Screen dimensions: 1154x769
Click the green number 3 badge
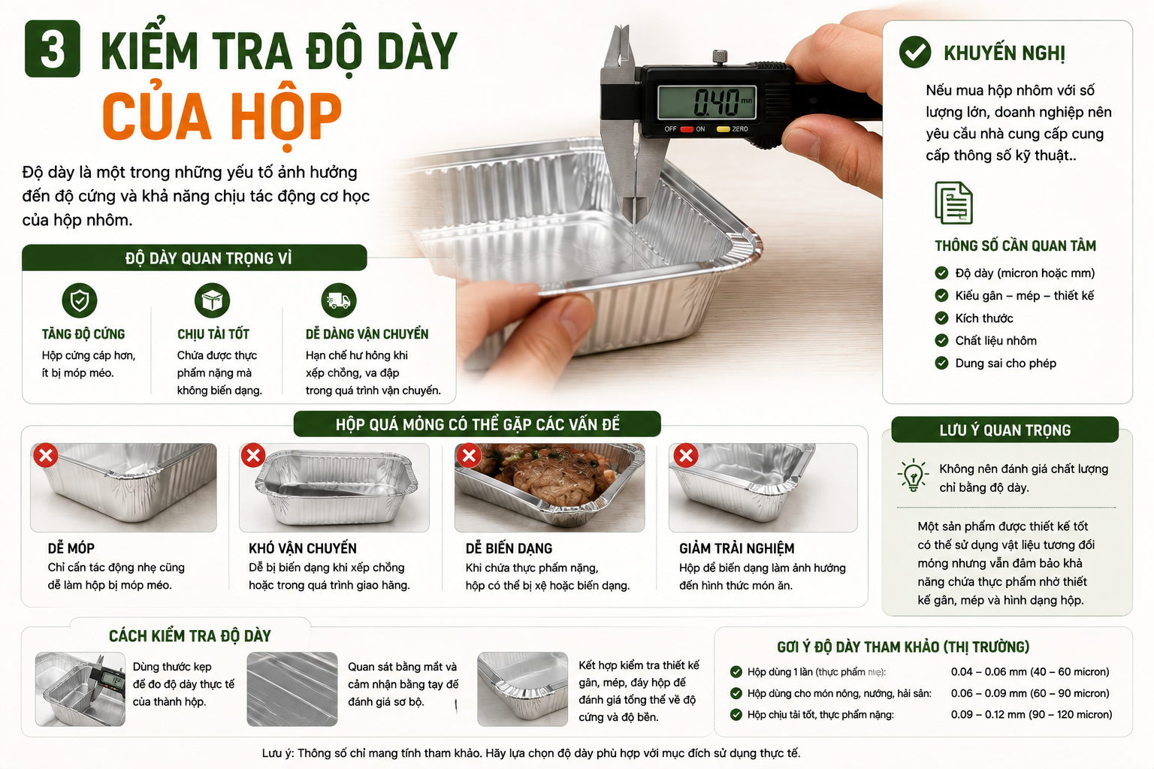(x=52, y=49)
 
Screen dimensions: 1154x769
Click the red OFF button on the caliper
(x=687, y=128)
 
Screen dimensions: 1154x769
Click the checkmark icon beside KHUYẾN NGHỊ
(x=915, y=52)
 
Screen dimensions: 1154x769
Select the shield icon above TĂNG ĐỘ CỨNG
(x=80, y=300)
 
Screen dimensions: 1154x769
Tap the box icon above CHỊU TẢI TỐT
(x=213, y=300)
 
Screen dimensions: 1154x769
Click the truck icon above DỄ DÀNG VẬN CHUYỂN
(x=339, y=300)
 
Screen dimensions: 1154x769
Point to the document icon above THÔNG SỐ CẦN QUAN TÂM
(x=953, y=203)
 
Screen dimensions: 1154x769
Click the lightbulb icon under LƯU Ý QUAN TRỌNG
(x=913, y=475)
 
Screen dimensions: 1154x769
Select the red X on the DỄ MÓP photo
(x=46, y=455)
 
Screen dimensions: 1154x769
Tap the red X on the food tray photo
(x=469, y=455)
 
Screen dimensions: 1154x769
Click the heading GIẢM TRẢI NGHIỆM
(x=737, y=548)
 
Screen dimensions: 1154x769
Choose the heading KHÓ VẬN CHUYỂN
(x=303, y=548)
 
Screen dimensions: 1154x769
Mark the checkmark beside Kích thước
(x=941, y=318)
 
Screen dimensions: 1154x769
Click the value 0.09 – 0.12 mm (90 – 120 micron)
(x=1032, y=714)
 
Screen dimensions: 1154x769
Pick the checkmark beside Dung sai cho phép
(x=941, y=363)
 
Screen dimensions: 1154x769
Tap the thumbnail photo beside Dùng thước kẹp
(x=80, y=689)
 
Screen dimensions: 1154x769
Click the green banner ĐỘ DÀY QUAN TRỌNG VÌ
(x=195, y=258)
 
